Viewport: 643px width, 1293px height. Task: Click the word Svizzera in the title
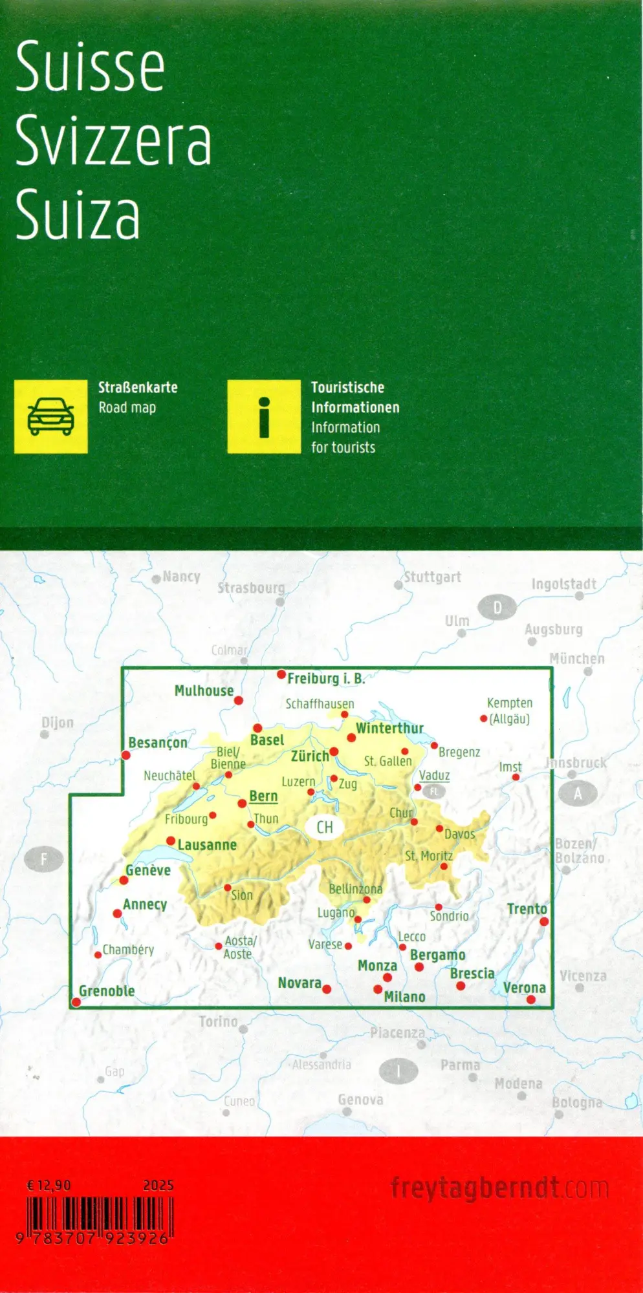pos(113,140)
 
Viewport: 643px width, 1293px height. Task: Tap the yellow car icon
pos(50,417)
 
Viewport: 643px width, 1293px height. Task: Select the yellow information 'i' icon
pos(264,417)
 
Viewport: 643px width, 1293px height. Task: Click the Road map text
pos(127,408)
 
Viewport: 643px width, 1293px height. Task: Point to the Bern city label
pos(263,796)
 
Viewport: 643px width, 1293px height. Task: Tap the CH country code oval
pos(325,828)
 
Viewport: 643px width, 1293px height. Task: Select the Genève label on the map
pos(148,870)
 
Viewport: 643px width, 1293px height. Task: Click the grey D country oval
pos(497,608)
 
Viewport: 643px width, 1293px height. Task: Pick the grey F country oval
pos(44,859)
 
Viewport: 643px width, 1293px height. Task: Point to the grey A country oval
pos(578,793)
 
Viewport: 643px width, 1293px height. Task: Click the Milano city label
pos(405,997)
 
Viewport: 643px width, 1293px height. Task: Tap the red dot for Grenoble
pos(76,1002)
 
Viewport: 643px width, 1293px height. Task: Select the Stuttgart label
pos(432,577)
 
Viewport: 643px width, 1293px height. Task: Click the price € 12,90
pos(49,1186)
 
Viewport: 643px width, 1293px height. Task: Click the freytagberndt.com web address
pos(499,1188)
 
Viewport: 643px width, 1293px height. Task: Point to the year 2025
pos(158,1186)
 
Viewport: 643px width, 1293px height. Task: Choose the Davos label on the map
pos(460,834)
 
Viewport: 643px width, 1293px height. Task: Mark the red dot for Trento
pos(544,922)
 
